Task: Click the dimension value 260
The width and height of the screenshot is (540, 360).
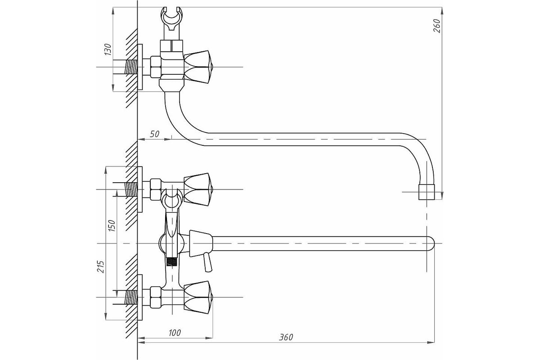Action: pos(437,26)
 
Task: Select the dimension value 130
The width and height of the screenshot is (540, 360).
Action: pos(108,49)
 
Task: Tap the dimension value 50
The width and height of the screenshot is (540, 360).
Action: pos(154,134)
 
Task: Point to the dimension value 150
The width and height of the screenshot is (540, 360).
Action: pos(112,226)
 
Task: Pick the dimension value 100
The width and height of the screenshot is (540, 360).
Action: pos(175,333)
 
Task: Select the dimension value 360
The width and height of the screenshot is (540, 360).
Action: pos(286,337)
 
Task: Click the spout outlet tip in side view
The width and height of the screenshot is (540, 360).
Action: pos(427,192)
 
